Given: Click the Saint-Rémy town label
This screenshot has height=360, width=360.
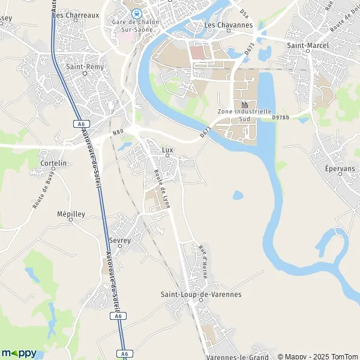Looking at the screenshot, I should pyautogui.click(x=85, y=67).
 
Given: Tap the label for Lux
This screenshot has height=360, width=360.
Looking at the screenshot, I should pyautogui.click(x=168, y=150).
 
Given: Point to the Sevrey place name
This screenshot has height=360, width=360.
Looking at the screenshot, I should pyautogui.click(x=120, y=239).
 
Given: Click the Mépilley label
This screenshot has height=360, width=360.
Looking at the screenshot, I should pyautogui.click(x=71, y=214).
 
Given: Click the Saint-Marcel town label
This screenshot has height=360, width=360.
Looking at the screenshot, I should pyautogui.click(x=308, y=44).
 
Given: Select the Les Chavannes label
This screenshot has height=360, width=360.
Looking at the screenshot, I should pyautogui.click(x=228, y=25).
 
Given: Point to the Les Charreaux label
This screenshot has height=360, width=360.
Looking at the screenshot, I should pyautogui.click(x=75, y=14).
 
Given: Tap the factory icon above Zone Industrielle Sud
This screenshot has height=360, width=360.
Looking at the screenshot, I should pyautogui.click(x=244, y=103).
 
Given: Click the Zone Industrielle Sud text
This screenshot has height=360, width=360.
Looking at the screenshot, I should pyautogui.click(x=244, y=115).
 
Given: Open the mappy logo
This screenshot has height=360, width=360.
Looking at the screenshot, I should pyautogui.click(x=19, y=353).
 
